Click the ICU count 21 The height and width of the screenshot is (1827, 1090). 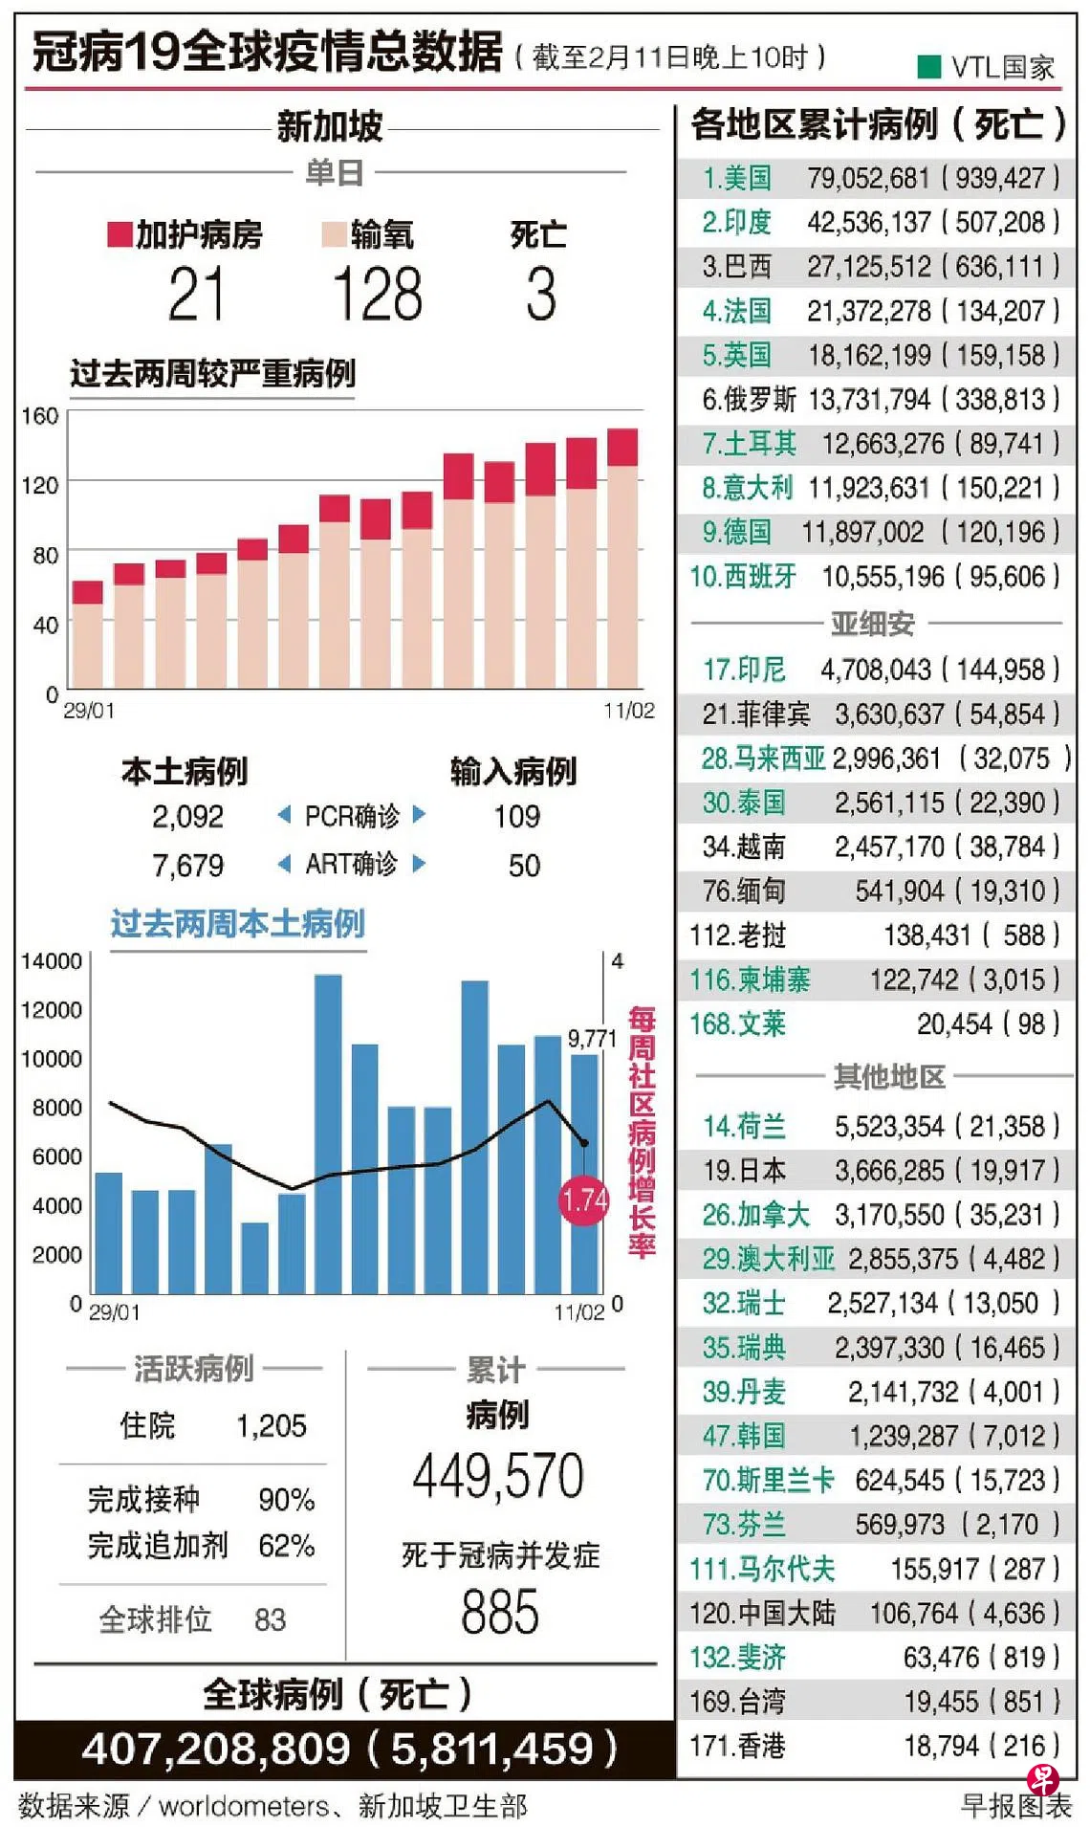pyautogui.click(x=196, y=294)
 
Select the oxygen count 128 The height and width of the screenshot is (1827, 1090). pyautogui.click(x=378, y=294)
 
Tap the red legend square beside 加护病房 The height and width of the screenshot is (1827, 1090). pyautogui.click(x=120, y=234)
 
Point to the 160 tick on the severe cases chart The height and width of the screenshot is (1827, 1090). pyautogui.click(x=40, y=416)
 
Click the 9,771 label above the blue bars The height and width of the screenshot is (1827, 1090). pyautogui.click(x=592, y=1038)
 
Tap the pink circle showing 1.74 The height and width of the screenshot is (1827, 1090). pyautogui.click(x=583, y=1200)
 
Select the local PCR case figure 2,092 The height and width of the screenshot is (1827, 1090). pyautogui.click(x=187, y=816)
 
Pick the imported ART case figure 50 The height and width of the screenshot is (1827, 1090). pyautogui.click(x=523, y=865)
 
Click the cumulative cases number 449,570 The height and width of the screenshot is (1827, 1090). pyautogui.click(x=498, y=1476)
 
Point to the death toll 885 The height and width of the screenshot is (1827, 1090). pyautogui.click(x=499, y=1612)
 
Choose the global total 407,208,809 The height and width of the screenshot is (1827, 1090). pyautogui.click(x=216, y=1749)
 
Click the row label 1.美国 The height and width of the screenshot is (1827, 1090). pyautogui.click(x=736, y=178)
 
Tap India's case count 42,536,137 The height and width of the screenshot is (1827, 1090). pyautogui.click(x=868, y=222)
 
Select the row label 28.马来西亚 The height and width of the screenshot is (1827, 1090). pyautogui.click(x=763, y=759)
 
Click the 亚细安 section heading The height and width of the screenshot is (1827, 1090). pyautogui.click(x=872, y=624)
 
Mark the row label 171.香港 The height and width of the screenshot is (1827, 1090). pyautogui.click(x=737, y=1746)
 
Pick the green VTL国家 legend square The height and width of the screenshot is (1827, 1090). pyautogui.click(x=928, y=66)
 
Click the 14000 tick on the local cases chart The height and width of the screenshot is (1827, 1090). pyautogui.click(x=52, y=961)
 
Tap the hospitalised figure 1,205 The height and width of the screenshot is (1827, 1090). pyautogui.click(x=272, y=1426)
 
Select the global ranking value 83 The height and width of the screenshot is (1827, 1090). pyautogui.click(x=270, y=1619)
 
